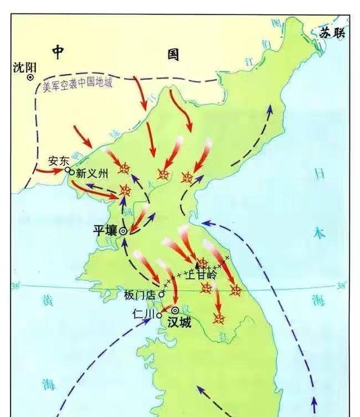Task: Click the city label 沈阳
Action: [x=24, y=67]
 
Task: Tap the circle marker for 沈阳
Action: [x=31, y=77]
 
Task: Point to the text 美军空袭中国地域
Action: [x=78, y=84]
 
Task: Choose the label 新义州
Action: [x=91, y=174]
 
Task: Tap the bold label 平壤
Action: [x=105, y=231]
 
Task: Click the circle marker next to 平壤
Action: [x=123, y=231]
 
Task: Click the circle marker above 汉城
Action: [x=175, y=310]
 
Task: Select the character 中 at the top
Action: [x=58, y=52]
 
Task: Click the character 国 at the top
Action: [x=173, y=55]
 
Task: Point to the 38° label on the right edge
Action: [x=341, y=286]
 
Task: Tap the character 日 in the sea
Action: [x=319, y=174]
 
